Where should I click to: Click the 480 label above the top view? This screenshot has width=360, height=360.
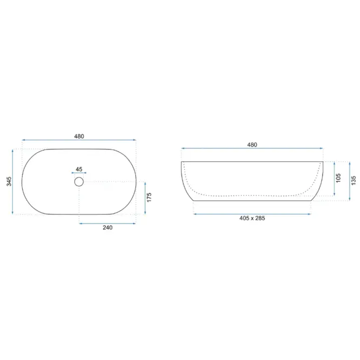coord(79,136)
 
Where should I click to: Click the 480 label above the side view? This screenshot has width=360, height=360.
coord(252,145)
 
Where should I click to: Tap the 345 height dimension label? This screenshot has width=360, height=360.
coord(9,181)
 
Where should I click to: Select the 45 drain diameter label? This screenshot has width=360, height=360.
coord(78,169)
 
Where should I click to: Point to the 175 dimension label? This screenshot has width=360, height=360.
coord(149,198)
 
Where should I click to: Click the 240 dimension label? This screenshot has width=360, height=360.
coord(107,227)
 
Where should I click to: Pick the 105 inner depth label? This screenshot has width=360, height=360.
coord(338,178)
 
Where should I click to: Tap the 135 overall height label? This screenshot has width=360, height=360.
coord(354,180)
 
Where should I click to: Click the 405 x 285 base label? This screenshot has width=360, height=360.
coord(252,218)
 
